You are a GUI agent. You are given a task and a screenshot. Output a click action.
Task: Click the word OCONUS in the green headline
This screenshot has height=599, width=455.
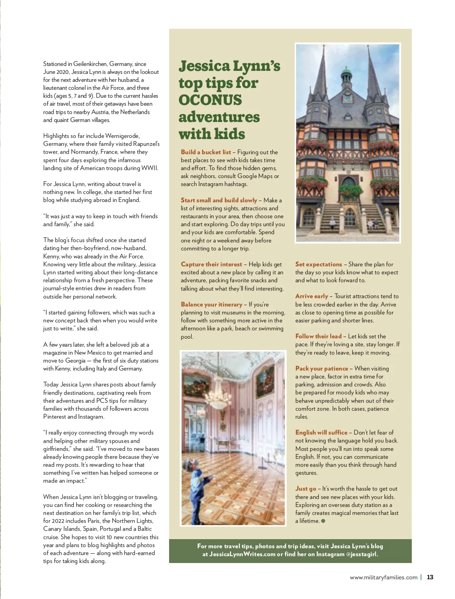pos(210,100)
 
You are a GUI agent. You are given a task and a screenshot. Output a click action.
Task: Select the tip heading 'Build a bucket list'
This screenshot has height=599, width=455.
pos(206,152)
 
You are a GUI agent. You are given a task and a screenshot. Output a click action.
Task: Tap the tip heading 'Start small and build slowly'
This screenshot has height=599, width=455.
pos(219,200)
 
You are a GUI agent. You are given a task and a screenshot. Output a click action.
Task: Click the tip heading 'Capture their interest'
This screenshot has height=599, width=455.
pos(211,264)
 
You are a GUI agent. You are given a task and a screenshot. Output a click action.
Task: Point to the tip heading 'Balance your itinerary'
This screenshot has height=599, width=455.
pos(211,304)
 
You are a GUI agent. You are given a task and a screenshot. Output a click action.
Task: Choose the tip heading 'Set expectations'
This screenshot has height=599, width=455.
pos(318,264)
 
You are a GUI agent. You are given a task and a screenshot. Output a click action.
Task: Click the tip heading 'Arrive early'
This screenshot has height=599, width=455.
pos(311,296)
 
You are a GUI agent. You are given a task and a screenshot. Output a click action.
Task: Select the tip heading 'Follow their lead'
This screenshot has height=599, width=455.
pos(318,336)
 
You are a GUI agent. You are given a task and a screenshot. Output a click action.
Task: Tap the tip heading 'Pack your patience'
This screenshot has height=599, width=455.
pos(321,368)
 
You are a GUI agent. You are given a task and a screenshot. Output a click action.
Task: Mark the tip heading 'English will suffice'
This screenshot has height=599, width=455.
pos(321,432)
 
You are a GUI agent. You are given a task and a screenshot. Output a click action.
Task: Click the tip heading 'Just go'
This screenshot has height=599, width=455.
pos(305,488)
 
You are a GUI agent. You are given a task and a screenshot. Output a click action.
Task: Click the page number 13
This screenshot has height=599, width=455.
pos(430,577)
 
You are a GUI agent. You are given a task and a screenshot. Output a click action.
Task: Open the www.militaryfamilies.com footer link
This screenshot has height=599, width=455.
pos(383,577)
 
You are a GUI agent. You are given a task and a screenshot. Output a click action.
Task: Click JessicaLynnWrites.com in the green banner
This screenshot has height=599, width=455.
pos(242,554)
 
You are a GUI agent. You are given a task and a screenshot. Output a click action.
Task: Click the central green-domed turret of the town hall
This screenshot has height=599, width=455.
pos(347,80)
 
